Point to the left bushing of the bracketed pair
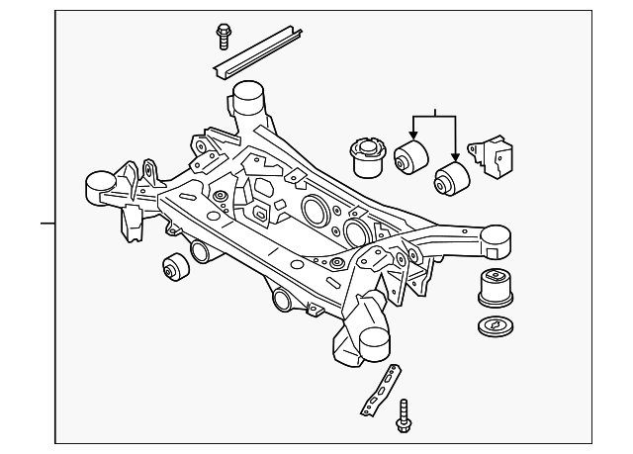(x=409, y=156)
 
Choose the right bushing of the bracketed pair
(x=453, y=179)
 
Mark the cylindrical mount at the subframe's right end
(x=495, y=238)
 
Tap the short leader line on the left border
(x=46, y=224)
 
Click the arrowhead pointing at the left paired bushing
(x=414, y=139)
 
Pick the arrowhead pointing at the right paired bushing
(x=455, y=158)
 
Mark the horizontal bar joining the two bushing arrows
(x=434, y=118)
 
